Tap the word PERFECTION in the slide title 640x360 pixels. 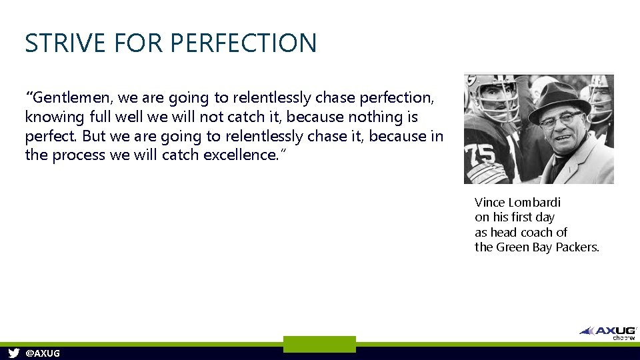coord(243,43)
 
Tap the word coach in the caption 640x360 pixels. coord(535,232)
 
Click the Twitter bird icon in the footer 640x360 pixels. coord(13,353)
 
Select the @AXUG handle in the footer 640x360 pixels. coord(42,353)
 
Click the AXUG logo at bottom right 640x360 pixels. coord(608,331)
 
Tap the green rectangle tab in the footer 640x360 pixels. coord(319,344)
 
